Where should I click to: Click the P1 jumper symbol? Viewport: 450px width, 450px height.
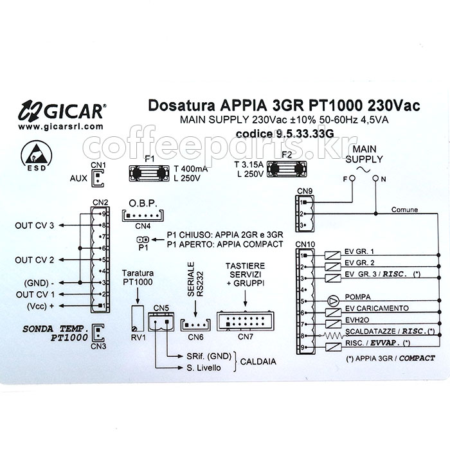[x=143, y=240]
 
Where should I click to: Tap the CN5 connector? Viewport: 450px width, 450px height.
[x=161, y=320]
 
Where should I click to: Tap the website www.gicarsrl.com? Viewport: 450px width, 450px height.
[x=60, y=126]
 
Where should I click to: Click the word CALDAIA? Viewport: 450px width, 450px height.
[x=260, y=362]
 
